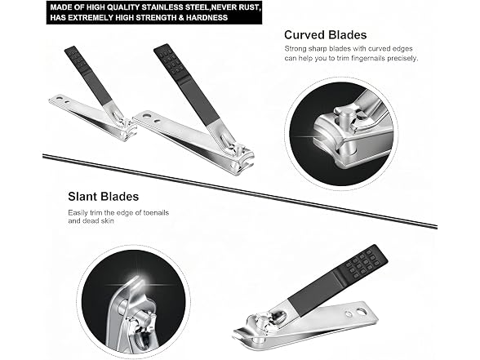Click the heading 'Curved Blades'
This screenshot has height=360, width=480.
coord(325,35)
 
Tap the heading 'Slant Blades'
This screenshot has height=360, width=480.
coord(103,196)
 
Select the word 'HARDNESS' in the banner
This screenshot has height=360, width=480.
coord(207,17)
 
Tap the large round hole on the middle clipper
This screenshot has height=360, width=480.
coord(147,116)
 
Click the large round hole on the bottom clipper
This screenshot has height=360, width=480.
coord(361,312)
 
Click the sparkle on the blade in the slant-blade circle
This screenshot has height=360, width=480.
coord(140,284)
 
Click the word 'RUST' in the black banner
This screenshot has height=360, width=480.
coord(249,7)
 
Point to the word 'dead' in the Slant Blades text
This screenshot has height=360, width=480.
coord(91,220)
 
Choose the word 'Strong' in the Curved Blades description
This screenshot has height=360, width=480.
coord(296,49)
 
